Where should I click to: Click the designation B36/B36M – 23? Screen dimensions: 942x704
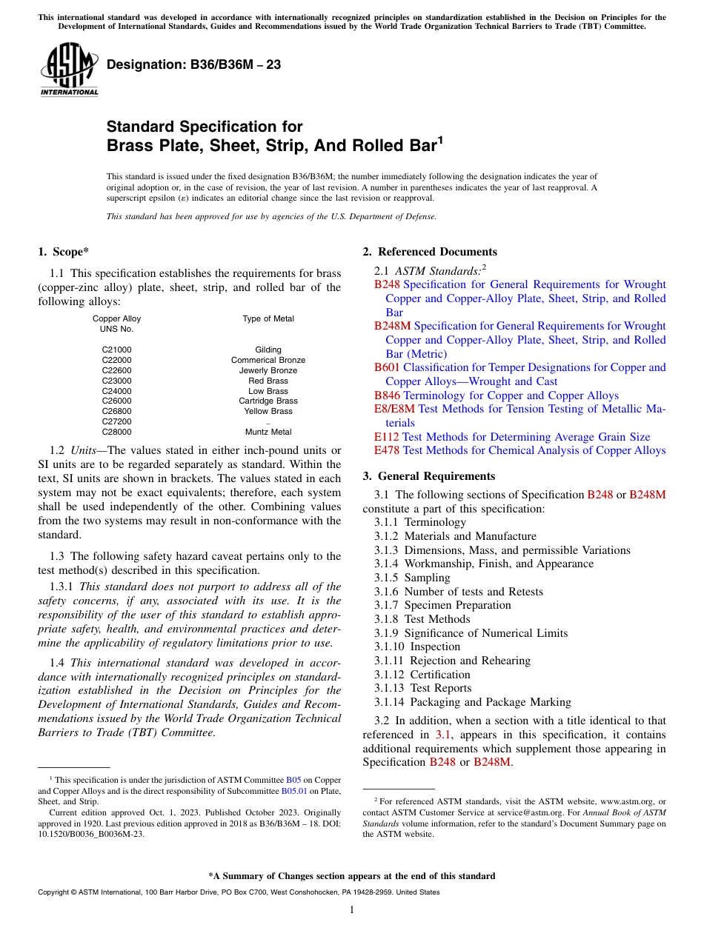coord(193,64)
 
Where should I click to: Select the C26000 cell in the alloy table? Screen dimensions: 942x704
coord(116,401)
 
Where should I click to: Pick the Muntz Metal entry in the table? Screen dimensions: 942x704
coord(268,432)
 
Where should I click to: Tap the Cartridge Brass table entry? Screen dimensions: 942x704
coord(268,401)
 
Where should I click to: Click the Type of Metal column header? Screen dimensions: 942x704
coord(268,318)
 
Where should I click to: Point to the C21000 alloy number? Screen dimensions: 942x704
coord(116,350)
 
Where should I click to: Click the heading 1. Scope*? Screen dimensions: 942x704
coord(64,252)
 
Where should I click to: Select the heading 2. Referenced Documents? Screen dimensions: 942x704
coord(430,252)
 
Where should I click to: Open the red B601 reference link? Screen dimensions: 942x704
coord(387,367)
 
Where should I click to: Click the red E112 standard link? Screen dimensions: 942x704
coord(386,437)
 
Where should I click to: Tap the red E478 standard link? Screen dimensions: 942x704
coord(386,450)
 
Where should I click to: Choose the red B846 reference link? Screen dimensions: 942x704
coord(387,395)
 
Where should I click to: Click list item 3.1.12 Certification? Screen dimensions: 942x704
coord(422,675)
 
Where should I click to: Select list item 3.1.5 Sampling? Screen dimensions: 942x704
coord(412,578)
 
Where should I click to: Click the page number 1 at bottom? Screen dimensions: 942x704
coord(352,910)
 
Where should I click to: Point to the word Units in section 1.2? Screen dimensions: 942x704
coord(87,450)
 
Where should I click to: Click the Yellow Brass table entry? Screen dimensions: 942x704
coord(268,411)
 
